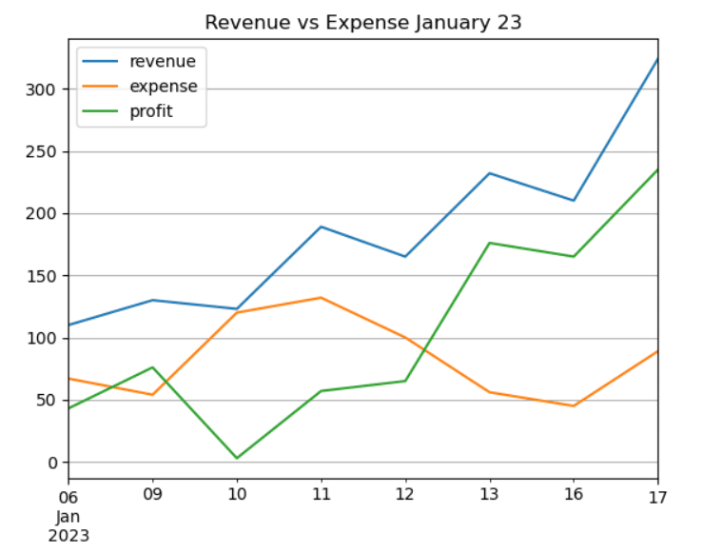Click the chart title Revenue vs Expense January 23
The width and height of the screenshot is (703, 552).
(363, 23)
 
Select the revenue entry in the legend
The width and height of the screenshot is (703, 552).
(163, 62)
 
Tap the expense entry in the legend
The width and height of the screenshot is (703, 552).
(163, 87)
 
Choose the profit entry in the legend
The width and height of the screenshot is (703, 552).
(152, 111)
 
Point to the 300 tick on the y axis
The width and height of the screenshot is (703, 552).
(44, 89)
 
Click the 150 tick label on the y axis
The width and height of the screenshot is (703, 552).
(44, 276)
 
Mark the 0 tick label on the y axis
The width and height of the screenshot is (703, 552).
(52, 463)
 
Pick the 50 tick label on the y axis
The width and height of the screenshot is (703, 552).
(49, 401)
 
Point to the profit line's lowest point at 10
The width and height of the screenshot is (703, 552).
(237, 459)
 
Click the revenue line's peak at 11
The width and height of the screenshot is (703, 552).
(321, 227)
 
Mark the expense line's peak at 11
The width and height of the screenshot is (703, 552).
(321, 298)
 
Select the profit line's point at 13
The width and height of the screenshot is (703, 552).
(489, 243)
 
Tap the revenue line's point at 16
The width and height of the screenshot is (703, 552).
(574, 201)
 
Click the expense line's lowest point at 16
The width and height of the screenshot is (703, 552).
(574, 406)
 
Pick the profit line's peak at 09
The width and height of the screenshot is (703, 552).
(152, 367)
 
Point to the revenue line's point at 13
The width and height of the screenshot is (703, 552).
(489, 173)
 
